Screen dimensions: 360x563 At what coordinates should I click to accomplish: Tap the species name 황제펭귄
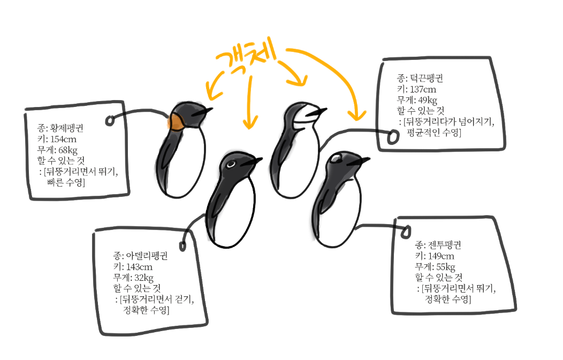click(x=67, y=128)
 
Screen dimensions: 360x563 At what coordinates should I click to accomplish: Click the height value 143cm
click(x=138, y=266)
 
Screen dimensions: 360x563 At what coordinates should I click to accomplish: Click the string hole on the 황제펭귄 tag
click(x=110, y=121)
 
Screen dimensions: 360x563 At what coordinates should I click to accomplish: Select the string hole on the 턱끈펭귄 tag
click(x=393, y=137)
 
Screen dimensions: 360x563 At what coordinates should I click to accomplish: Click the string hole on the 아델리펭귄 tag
click(x=182, y=246)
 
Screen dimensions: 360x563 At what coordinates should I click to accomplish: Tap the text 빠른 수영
click(x=66, y=183)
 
